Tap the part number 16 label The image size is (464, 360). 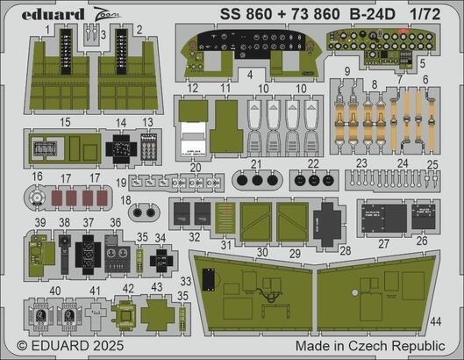click(37, 176)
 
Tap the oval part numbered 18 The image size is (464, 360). click(144, 212)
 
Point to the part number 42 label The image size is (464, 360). click(127, 288)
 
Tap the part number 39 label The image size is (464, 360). click(39, 223)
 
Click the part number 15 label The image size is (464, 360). click(67, 123)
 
